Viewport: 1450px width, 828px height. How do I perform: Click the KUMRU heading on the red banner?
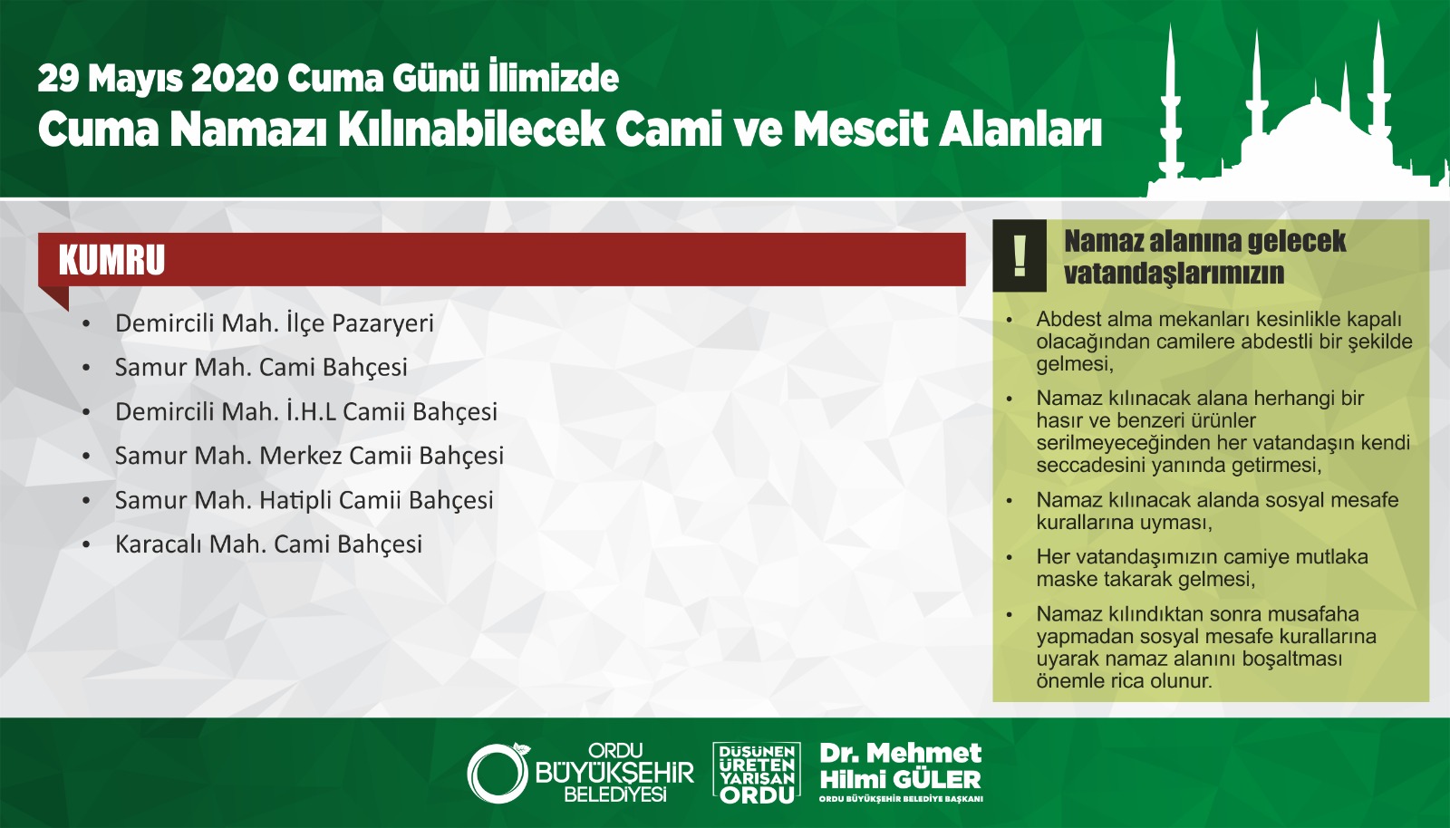[112, 260]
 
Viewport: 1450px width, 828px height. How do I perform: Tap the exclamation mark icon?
[1020, 255]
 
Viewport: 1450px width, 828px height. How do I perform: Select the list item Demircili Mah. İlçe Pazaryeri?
[275, 323]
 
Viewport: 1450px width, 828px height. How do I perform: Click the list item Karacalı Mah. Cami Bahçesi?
[268, 544]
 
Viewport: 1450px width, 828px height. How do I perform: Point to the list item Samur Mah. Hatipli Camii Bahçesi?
[304, 500]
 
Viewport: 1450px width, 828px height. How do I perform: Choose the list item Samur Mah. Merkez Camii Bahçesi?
[309, 456]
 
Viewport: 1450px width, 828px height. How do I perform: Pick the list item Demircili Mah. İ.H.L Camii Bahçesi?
[306, 412]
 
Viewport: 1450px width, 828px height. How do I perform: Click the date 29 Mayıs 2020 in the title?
[159, 79]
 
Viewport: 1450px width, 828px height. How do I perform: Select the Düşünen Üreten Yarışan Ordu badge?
[756, 773]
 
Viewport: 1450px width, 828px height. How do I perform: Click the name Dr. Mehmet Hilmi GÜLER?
[901, 765]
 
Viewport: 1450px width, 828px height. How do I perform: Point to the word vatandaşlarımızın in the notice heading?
[1174, 273]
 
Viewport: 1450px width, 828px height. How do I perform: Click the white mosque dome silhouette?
[1314, 126]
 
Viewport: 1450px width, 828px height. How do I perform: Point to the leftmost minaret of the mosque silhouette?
[1170, 107]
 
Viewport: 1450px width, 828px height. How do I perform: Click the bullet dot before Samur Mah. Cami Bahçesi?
[87, 368]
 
